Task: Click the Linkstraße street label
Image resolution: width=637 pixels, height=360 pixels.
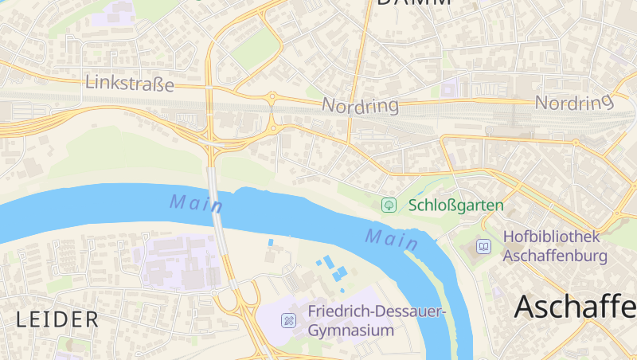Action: [129, 83]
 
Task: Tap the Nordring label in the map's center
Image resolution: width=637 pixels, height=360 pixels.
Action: [360, 105]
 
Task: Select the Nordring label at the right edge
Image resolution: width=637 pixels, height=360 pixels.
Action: [574, 102]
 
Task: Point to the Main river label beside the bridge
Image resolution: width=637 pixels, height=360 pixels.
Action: [195, 203]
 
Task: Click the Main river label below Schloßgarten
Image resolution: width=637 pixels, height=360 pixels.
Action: [392, 237]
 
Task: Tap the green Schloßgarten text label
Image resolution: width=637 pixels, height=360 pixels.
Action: [455, 205]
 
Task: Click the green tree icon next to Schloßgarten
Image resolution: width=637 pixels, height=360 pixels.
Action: [389, 205]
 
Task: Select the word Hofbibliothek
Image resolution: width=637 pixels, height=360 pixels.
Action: [551, 237]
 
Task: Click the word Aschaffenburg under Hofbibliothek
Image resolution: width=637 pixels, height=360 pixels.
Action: [555, 256]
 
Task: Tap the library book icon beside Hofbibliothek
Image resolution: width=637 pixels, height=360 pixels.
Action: [483, 247]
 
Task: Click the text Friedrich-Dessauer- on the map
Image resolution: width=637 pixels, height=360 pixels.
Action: [377, 311]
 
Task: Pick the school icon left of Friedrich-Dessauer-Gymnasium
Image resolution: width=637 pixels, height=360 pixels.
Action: [288, 320]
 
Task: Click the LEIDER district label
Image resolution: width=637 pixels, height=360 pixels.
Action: [57, 319]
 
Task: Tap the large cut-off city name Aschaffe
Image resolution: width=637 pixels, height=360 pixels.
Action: [575, 306]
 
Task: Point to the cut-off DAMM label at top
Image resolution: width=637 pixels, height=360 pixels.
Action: [414, 3]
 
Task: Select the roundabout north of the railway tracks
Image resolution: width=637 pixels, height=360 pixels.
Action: [272, 99]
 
